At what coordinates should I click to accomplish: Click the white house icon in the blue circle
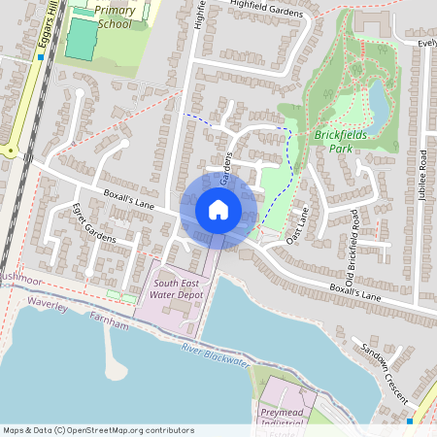(x=218, y=210)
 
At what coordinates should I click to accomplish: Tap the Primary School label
(x=116, y=17)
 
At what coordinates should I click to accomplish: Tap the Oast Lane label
(x=297, y=224)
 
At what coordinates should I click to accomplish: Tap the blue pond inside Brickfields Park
(x=377, y=98)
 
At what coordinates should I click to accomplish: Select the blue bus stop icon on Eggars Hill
(x=40, y=57)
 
